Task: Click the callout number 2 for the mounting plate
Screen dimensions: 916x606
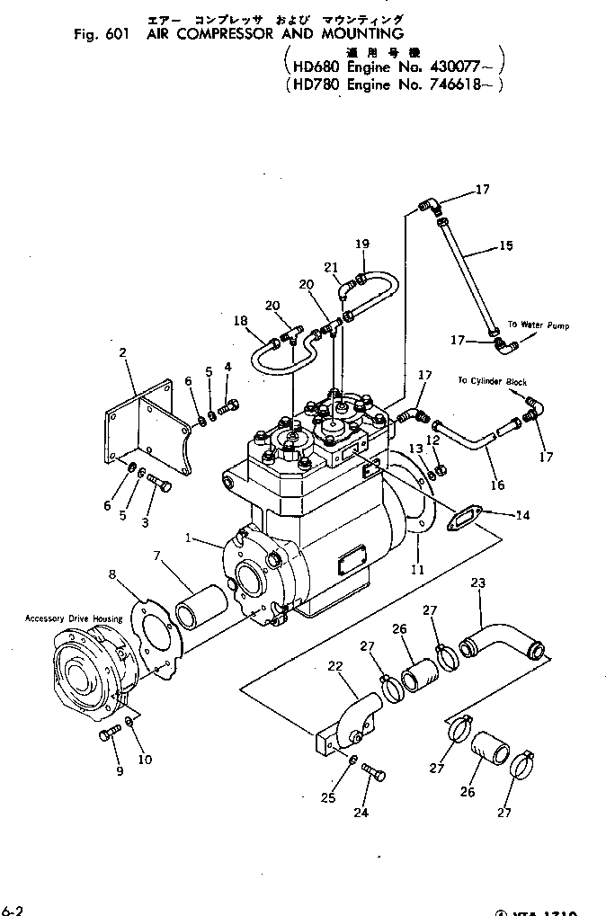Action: click(122, 353)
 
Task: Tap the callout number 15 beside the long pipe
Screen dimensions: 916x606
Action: click(505, 245)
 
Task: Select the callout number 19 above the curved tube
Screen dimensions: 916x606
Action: click(362, 244)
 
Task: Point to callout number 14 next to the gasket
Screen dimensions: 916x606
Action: click(522, 515)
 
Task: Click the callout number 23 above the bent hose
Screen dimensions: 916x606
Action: click(478, 583)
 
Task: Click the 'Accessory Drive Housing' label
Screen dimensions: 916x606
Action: click(74, 618)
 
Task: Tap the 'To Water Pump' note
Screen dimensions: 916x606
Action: click(538, 325)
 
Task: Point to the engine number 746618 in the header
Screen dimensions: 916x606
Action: click(457, 85)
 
